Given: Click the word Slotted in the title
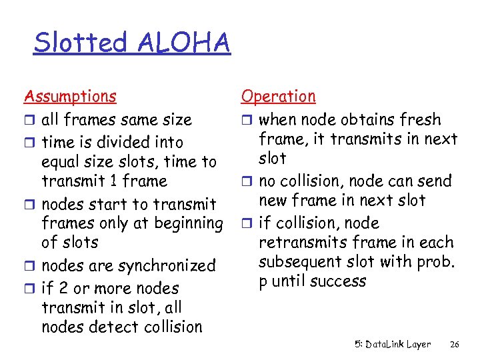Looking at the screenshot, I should click(x=80, y=43).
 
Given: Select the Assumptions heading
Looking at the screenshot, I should click(x=70, y=97).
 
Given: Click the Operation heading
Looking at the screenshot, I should click(x=278, y=97).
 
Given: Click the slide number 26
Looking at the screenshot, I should click(x=455, y=345).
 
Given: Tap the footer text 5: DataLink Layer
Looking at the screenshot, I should click(x=392, y=345).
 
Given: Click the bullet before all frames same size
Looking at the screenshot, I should click(x=29, y=121).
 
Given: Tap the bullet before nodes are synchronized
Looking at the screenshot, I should click(x=29, y=267).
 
